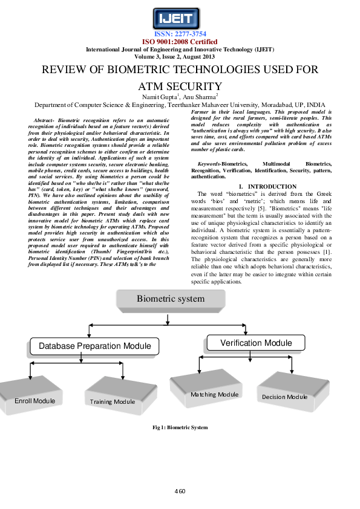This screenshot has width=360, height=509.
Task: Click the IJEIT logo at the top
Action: (179, 16)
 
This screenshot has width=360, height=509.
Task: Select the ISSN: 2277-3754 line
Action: (180, 34)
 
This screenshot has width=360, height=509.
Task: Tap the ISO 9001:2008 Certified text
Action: (180, 42)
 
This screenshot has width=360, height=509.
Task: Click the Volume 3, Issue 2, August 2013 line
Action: (180, 56)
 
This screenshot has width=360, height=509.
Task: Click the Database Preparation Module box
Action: (94, 346)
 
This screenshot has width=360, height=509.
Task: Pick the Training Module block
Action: (113, 400)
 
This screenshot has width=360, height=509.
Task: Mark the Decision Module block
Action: (284, 396)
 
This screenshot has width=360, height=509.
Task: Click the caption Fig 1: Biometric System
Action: (180, 428)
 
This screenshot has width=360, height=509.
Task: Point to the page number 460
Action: (179, 490)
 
